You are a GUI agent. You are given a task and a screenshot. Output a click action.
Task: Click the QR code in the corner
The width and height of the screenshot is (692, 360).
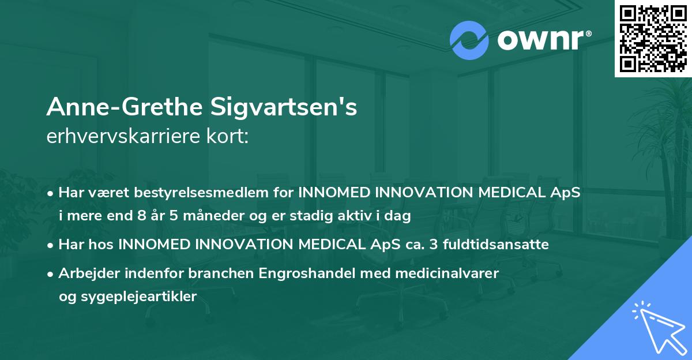coord(653,39)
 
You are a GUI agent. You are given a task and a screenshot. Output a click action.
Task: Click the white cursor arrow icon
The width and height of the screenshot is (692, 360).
coord(657,326)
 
